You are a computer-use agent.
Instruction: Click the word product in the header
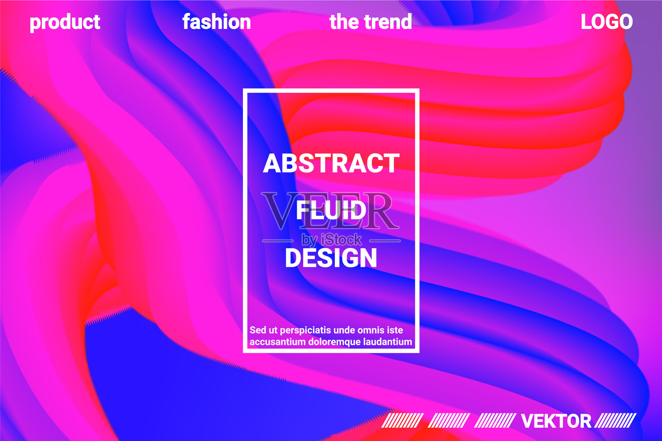65,22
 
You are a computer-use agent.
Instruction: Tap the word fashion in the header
217,22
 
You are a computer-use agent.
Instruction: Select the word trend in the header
388,22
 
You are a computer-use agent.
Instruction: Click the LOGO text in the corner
607,22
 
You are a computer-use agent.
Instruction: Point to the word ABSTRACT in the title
331,163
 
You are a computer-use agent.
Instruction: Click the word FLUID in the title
331,210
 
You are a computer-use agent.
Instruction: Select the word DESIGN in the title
331,257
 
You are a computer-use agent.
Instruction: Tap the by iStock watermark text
331,240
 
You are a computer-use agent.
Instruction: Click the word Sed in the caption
258,330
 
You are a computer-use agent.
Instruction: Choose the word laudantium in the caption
387,342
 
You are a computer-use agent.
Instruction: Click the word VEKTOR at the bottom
556,421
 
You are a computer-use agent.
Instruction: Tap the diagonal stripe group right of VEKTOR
615,421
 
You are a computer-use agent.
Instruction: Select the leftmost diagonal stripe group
403,421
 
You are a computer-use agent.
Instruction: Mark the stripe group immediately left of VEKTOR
495,421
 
